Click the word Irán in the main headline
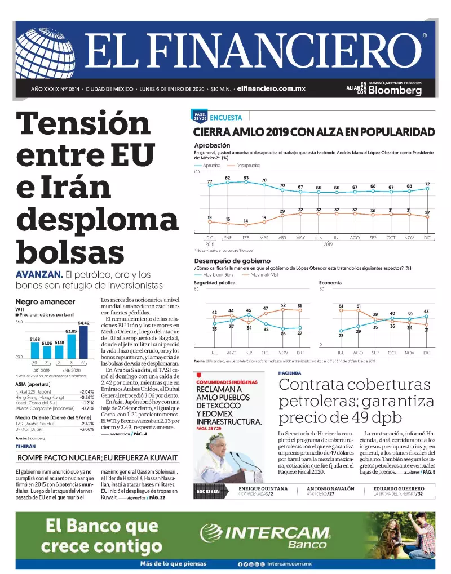click(85, 187)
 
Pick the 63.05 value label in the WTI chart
click(71, 331)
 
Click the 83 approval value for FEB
click(246, 177)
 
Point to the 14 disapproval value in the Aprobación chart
click(246, 220)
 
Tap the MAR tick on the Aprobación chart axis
click(264, 238)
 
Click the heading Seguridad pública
click(215, 282)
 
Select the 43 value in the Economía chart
click(426, 312)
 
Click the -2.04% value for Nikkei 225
click(87, 391)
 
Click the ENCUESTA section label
click(225, 118)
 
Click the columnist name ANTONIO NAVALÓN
click(331, 488)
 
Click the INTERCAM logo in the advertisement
click(276, 533)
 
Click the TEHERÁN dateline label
click(26, 446)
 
